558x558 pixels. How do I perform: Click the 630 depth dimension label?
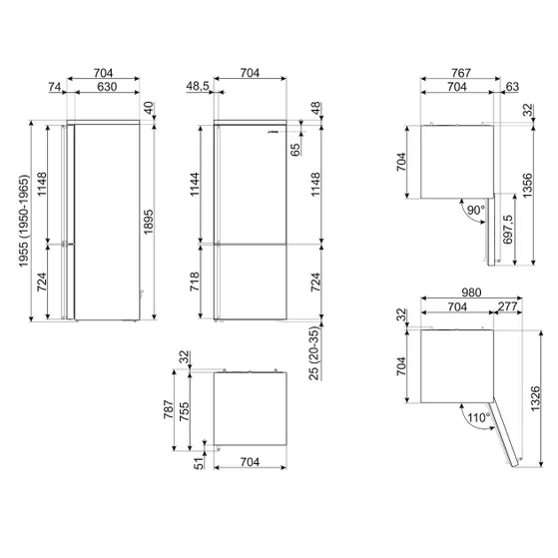pyautogui.click(x=107, y=87)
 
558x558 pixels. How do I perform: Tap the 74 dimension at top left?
pyautogui.click(x=55, y=87)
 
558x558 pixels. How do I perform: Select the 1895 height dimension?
pyautogui.click(x=149, y=222)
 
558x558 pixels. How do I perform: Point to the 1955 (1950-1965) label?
pyautogui.click(x=24, y=221)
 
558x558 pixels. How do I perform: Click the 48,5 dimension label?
pyautogui.click(x=198, y=86)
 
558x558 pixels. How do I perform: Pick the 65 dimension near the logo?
pyautogui.click(x=295, y=150)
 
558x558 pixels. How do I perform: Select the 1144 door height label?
pyautogui.click(x=195, y=185)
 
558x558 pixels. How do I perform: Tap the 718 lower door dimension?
pyautogui.click(x=195, y=281)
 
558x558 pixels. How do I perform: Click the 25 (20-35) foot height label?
pyautogui.click(x=314, y=353)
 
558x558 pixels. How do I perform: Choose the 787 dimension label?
pyautogui.click(x=169, y=409)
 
